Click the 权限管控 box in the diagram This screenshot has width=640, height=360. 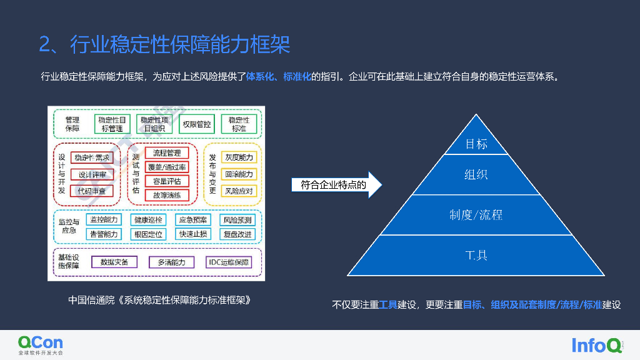coord(197,124)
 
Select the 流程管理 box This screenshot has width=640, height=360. coord(166,153)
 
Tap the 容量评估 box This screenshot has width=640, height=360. coord(166,181)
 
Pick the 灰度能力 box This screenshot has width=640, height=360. coord(239,157)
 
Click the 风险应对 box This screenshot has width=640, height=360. coord(239,191)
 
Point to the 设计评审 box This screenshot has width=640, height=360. coord(92,174)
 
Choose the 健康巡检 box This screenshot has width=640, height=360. coord(147,220)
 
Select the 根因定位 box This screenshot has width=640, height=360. coord(147,234)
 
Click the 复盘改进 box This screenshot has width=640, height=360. coord(237,234)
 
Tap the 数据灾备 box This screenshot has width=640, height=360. coord(114,262)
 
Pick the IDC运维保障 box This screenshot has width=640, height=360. coord(227,262)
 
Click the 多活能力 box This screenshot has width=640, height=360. coord(171,262)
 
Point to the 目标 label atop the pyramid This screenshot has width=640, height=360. coord(476,144)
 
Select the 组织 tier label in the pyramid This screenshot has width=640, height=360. coord(476,174)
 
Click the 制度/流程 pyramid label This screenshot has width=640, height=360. coord(476,215)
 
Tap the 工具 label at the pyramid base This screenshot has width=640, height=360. coord(476,256)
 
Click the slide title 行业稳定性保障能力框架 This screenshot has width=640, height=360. coord(164,45)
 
